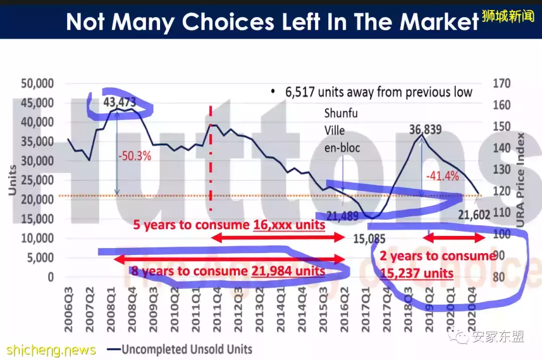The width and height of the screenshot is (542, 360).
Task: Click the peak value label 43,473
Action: (120, 102)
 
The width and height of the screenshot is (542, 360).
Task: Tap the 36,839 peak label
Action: (425, 130)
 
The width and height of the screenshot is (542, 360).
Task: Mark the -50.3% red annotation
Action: (134, 156)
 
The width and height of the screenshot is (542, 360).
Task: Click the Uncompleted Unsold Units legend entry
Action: (186, 349)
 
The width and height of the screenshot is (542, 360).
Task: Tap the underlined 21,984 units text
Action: (288, 272)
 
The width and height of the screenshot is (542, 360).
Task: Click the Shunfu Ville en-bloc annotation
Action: (341, 131)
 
